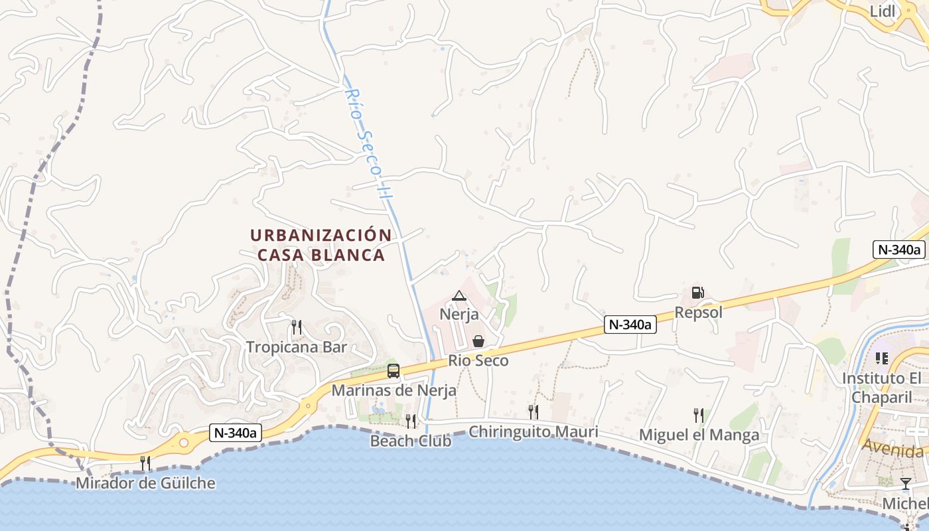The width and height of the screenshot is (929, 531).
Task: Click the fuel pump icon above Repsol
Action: (x=697, y=293)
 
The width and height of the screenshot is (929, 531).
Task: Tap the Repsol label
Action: (x=698, y=312)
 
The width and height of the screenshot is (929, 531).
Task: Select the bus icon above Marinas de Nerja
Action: (x=393, y=371)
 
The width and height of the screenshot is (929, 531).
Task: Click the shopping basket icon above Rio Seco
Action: (x=478, y=342)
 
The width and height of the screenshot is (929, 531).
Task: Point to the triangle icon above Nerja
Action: (x=459, y=295)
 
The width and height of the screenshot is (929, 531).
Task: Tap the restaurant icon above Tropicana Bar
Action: (x=297, y=327)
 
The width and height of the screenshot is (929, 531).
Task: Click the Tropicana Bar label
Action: (x=297, y=347)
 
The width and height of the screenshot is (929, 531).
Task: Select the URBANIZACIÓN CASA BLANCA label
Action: (x=321, y=245)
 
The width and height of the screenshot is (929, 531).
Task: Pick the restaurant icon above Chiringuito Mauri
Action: (x=533, y=412)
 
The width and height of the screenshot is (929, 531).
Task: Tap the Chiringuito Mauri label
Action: (x=534, y=432)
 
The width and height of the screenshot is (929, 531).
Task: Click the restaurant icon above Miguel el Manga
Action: (x=699, y=416)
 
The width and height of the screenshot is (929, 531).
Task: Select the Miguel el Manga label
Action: (x=699, y=435)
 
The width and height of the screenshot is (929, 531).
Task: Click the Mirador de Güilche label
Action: (x=145, y=483)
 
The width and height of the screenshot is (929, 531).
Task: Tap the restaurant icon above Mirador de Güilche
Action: (x=145, y=463)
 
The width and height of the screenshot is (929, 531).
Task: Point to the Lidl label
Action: (x=883, y=11)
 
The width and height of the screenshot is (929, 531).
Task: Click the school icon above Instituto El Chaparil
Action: (x=881, y=358)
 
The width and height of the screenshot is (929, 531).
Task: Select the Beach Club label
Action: (x=411, y=441)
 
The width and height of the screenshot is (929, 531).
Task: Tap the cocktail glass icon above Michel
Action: (x=906, y=484)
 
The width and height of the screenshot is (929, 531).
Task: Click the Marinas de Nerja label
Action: (x=393, y=390)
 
